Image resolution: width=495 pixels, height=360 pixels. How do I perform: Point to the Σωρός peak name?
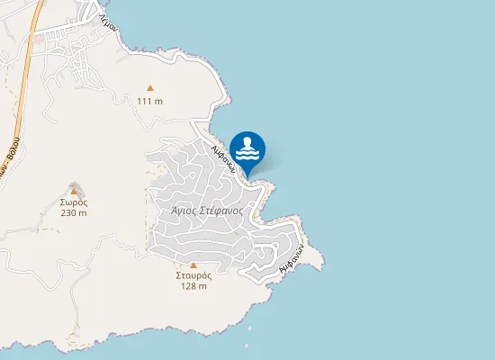[74, 203]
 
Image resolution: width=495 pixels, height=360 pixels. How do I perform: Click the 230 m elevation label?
[74, 214]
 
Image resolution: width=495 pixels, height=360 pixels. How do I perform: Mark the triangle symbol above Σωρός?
[74, 191]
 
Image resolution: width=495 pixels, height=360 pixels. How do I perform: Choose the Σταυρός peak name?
[193, 275]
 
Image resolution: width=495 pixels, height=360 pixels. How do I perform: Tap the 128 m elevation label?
[193, 286]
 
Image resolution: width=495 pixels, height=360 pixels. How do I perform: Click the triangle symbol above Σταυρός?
[193, 265]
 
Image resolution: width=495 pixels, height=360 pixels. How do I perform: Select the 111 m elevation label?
[150, 101]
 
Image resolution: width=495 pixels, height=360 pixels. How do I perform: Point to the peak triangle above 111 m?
[150, 88]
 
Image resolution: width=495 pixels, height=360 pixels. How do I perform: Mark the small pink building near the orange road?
[38, 40]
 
